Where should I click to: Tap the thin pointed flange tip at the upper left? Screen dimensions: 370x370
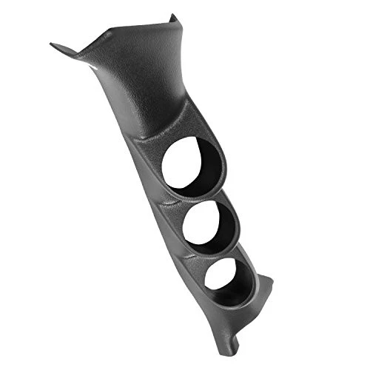pyautogui.click(x=54, y=44)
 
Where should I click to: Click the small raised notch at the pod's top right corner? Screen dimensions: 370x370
pyautogui.click(x=173, y=17)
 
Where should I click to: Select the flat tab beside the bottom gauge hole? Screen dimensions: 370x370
pyautogui.click(x=264, y=289)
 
